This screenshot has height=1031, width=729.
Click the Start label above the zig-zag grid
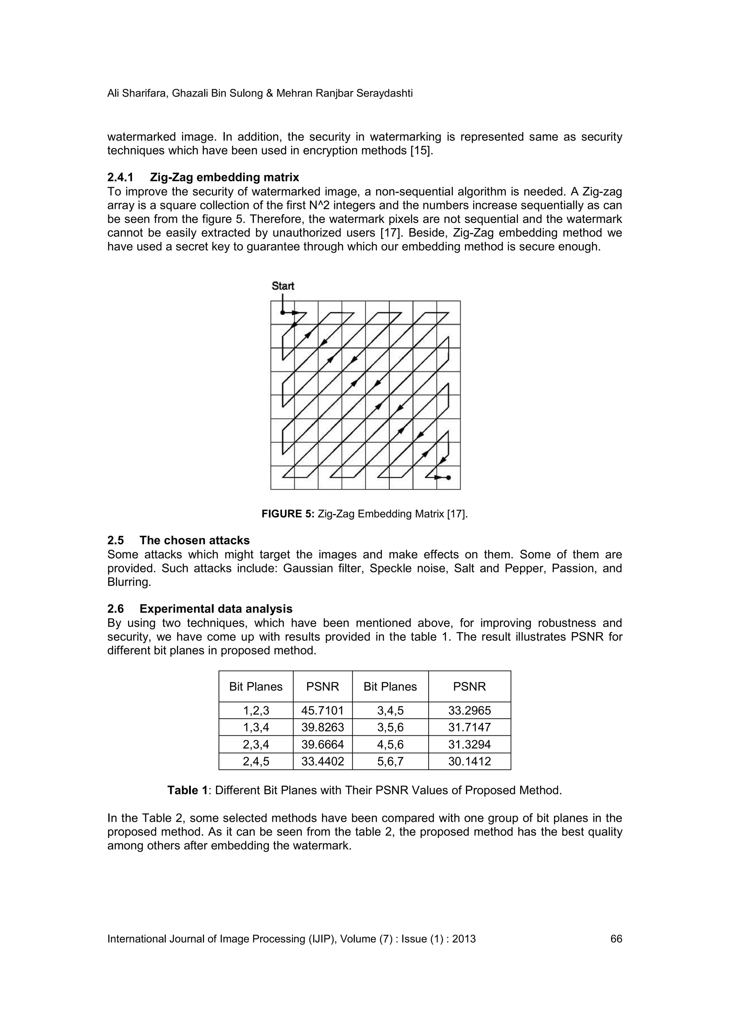283,286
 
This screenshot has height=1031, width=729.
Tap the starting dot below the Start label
283,312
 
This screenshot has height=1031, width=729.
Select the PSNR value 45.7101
322,710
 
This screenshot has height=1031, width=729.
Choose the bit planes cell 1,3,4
256,728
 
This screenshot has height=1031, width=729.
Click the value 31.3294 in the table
470,745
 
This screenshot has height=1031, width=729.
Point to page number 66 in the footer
616,939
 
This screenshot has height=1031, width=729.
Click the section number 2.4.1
120,178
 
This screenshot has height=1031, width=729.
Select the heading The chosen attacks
194,540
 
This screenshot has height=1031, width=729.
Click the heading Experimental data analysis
216,609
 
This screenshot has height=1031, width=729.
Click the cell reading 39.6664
322,745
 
